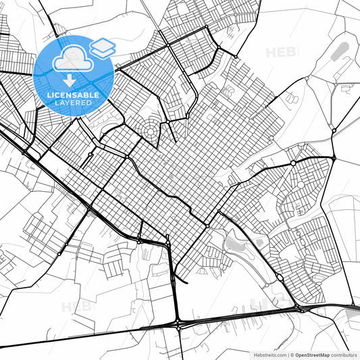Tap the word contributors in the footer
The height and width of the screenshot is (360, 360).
point(344,354)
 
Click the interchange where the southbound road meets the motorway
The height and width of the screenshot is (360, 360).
point(179,324)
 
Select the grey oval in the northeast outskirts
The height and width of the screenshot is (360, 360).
point(342,50)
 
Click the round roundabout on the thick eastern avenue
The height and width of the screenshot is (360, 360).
point(292,164)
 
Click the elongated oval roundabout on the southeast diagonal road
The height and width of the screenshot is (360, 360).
point(279,277)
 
